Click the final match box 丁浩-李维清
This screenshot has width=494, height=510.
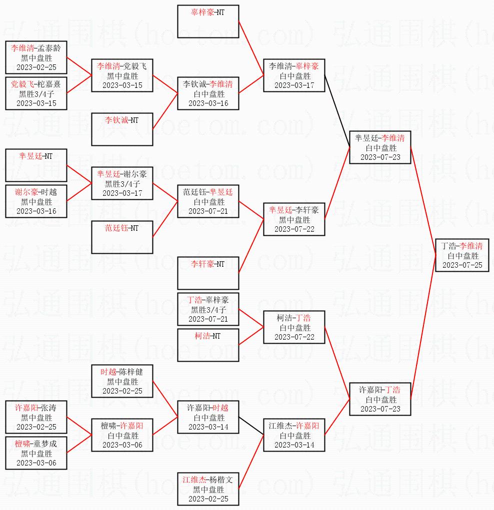coord(462,255)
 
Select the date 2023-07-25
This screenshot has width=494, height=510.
coord(462,265)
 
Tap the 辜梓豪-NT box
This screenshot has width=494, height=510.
coord(208,22)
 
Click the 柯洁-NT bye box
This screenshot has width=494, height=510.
coord(208,345)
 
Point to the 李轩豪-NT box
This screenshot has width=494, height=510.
coord(208,273)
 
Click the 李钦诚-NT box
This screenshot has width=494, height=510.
coord(122,128)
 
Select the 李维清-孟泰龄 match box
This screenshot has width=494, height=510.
coord(36,57)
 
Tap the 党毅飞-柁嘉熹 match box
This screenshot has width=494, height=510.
coord(36,93)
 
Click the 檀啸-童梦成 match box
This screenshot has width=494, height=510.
coord(36,453)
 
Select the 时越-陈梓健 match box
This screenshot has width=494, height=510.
coord(122,381)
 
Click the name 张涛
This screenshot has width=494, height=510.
coord(48,408)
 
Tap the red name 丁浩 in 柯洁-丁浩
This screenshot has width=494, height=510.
coord(303,318)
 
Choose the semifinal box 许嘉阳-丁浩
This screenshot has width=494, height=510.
coord(380,399)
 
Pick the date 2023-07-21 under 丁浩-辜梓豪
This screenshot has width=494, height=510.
coord(208,319)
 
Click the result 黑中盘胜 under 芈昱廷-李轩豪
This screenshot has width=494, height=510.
coord(294,220)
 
